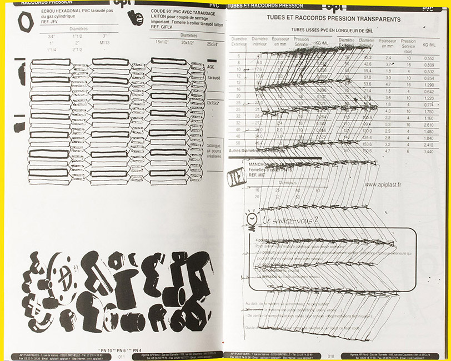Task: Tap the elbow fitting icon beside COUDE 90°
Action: tap(133, 18)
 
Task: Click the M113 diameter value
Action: tap(105, 42)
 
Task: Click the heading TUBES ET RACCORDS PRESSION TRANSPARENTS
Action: tap(333, 19)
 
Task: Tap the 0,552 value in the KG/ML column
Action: tap(429, 58)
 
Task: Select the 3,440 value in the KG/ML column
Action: tap(429, 151)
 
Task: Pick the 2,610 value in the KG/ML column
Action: tap(429, 124)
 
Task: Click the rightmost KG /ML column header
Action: tap(429, 43)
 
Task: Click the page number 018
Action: tap(332, 356)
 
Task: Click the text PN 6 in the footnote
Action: tap(119, 351)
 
